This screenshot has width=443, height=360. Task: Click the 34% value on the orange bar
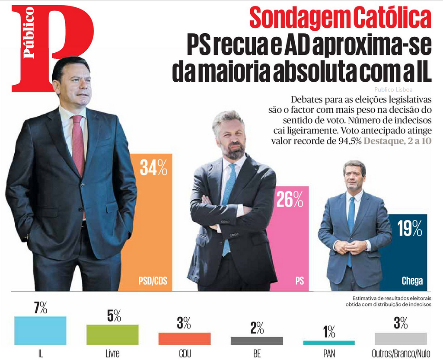(x=153, y=168)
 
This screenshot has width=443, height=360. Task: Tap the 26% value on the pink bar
(x=290, y=199)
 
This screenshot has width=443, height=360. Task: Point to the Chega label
(x=412, y=281)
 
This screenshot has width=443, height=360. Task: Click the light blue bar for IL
(x=40, y=331)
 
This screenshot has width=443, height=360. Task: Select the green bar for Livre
(x=112, y=335)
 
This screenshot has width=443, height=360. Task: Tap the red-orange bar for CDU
(x=185, y=338)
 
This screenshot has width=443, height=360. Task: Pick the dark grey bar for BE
(x=257, y=341)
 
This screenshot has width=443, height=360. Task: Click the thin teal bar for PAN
(x=329, y=343)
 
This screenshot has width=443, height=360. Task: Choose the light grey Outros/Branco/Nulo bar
(x=401, y=338)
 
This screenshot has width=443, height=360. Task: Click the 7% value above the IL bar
(x=40, y=309)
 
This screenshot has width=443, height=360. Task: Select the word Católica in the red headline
(x=392, y=18)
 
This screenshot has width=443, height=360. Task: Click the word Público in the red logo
(x=29, y=32)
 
